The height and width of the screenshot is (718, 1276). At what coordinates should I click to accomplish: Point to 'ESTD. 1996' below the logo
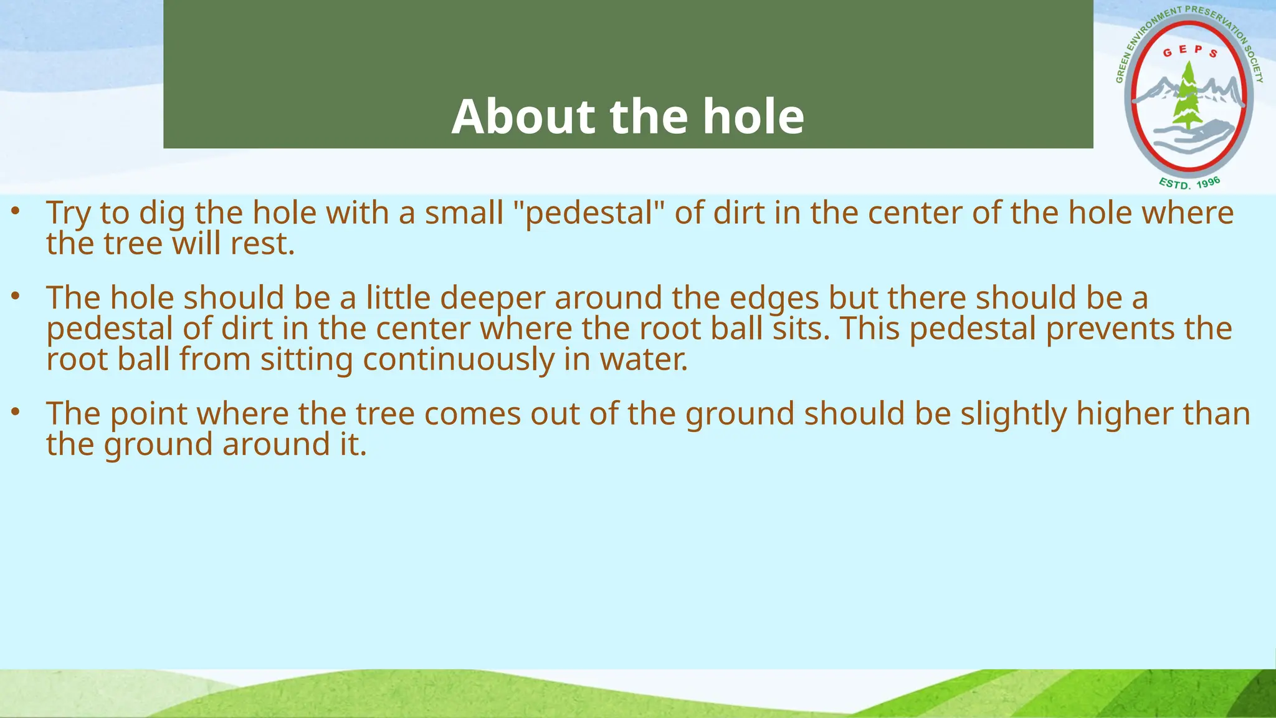1189,183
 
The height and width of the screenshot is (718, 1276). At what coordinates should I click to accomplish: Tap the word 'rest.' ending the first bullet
262,244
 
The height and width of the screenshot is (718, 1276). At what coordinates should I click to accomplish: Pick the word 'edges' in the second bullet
774,298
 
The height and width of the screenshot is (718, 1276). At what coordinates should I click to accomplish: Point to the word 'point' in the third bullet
148,414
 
